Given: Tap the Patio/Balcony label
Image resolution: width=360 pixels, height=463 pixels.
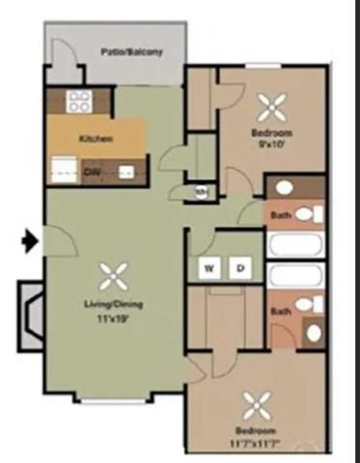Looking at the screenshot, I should tap(130, 51).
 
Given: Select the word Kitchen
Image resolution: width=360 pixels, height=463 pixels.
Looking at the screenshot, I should tap(97, 139).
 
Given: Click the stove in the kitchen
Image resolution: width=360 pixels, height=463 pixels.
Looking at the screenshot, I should tap(78, 101).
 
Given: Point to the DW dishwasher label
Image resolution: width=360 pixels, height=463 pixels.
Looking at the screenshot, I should tap(92, 172).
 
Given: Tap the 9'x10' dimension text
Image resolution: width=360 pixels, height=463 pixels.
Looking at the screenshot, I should tap(273, 144).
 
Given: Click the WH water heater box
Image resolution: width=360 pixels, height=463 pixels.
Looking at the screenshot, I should tap(201, 190).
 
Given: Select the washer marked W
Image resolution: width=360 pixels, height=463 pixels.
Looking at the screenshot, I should tap(208, 267).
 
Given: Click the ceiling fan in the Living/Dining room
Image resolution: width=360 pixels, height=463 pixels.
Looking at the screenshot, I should tap(113, 278).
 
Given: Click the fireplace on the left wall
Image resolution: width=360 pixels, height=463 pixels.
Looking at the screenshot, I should tap(29, 312).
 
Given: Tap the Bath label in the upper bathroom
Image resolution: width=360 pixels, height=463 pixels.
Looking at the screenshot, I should tap(281, 214).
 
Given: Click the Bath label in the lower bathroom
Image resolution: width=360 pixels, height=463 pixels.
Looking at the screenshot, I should tap(281, 311).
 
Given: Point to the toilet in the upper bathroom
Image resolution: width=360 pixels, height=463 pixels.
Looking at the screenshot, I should tap(306, 213).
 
